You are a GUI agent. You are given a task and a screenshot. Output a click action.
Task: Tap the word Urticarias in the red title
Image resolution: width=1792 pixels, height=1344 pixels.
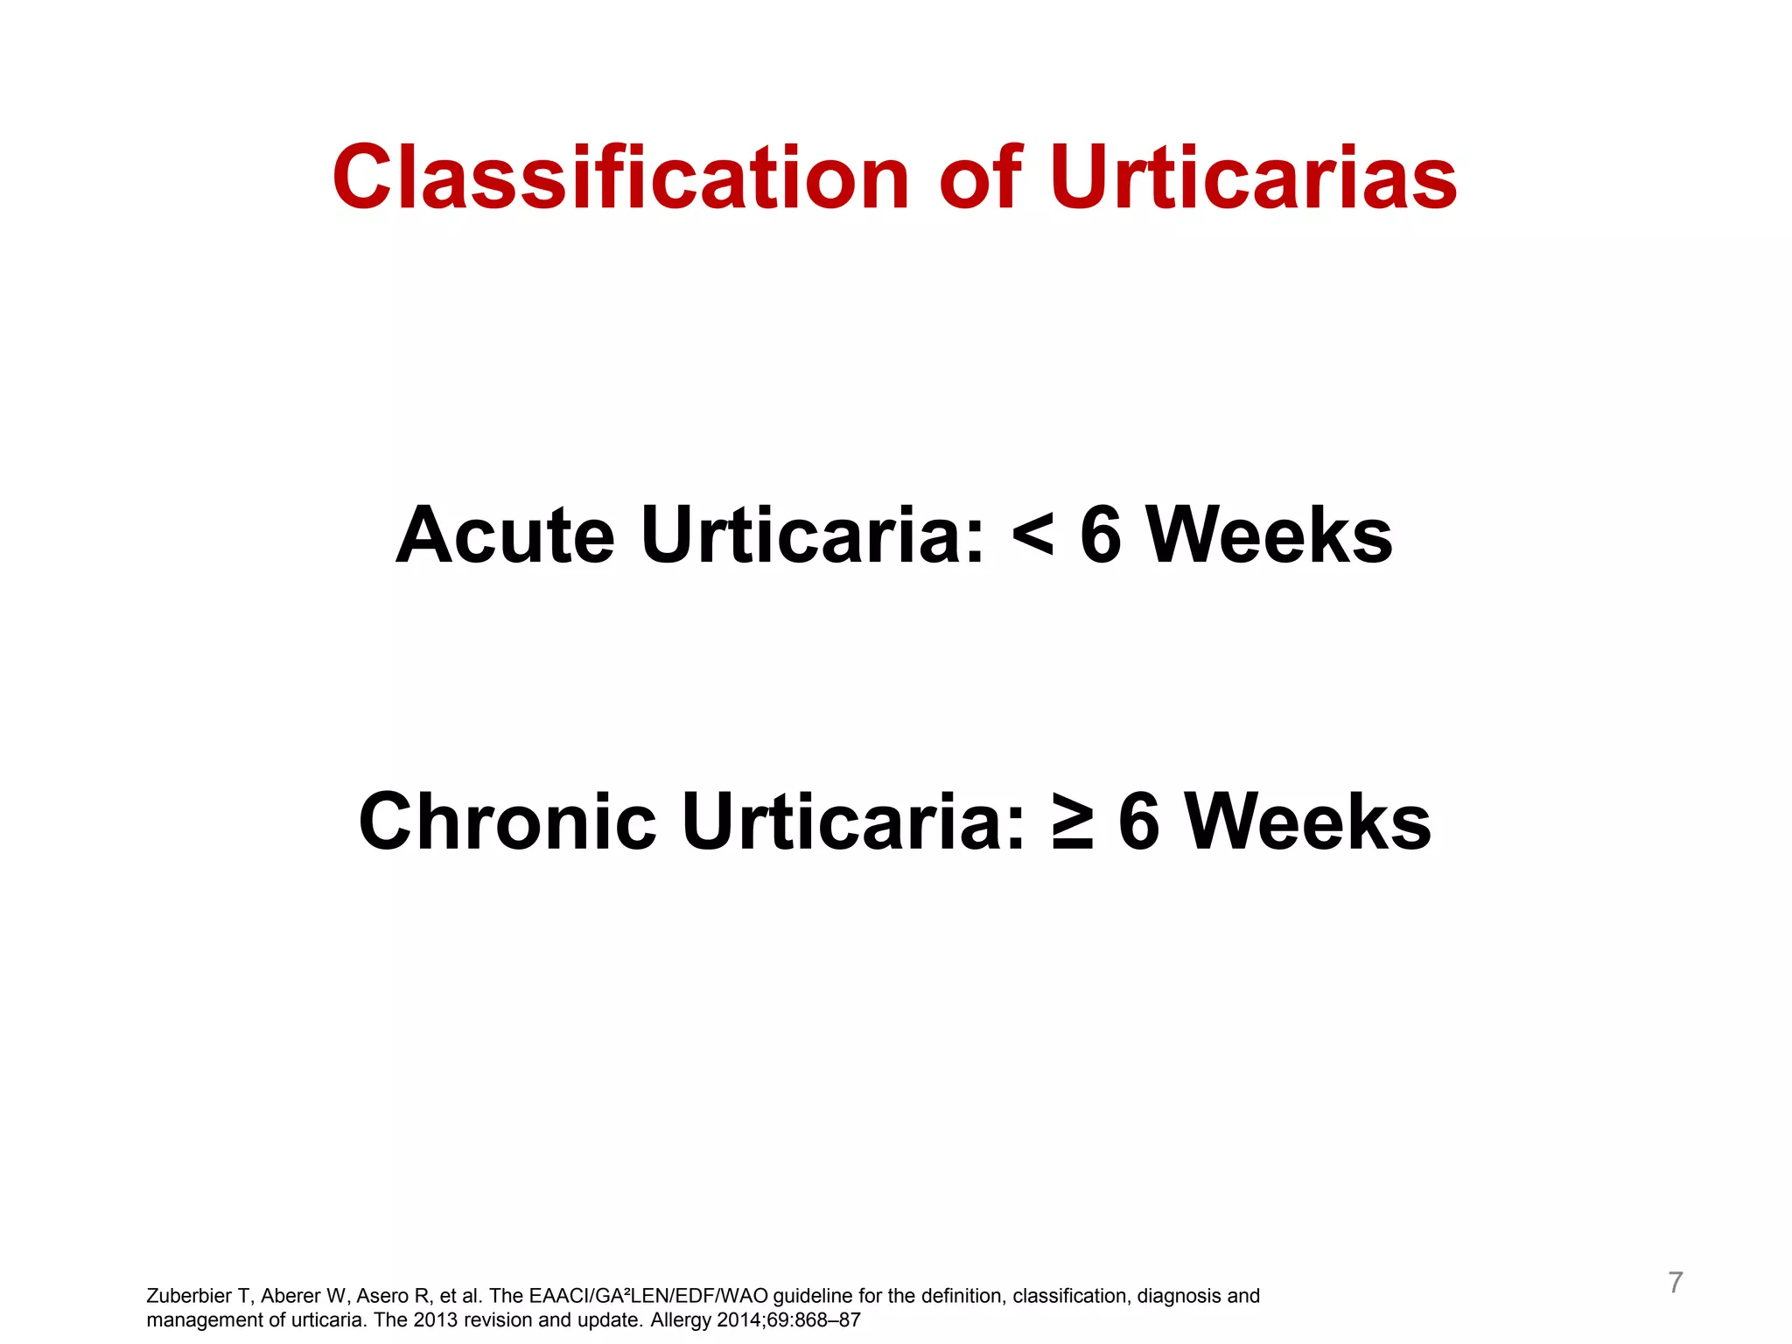tap(1253, 178)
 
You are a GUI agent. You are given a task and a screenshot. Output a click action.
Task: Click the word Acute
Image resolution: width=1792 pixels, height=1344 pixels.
tap(505, 535)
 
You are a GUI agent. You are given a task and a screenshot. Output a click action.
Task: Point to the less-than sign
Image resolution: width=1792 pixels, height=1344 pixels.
tap(1032, 535)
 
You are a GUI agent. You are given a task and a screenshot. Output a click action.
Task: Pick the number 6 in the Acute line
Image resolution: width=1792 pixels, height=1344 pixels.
tap(1101, 535)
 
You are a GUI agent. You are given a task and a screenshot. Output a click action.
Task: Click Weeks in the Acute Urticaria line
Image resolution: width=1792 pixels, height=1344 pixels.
tap(1269, 535)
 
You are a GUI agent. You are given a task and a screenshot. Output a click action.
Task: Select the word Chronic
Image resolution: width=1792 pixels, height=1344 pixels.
tap(507, 822)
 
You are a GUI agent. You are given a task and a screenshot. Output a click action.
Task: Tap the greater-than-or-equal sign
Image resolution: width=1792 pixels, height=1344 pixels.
tap(1072, 822)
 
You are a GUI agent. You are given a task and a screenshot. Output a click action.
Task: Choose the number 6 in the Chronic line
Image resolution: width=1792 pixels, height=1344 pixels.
tap(1139, 822)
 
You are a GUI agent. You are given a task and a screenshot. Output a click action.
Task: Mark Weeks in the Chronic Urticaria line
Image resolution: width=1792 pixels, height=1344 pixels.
tap(1307, 822)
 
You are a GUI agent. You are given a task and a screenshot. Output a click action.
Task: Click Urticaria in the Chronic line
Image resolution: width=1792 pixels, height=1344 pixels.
tap(853, 822)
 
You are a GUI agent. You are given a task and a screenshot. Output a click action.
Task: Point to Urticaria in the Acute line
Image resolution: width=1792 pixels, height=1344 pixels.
tap(813, 535)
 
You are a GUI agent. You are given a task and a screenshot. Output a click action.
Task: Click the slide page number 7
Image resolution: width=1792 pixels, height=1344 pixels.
tap(1675, 1283)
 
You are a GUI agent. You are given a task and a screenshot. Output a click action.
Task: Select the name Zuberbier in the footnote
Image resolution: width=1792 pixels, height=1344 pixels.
tap(189, 1296)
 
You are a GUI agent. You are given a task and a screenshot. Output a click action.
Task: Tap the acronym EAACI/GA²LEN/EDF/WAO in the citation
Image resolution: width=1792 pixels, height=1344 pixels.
tap(648, 1296)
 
